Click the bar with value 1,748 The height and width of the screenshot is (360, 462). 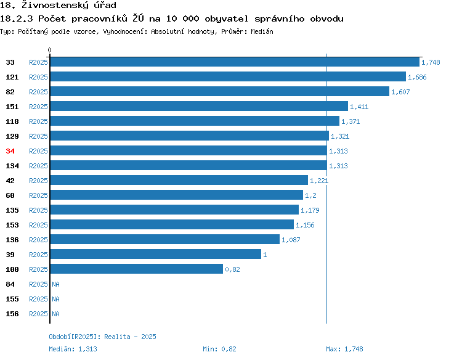pos(235,62)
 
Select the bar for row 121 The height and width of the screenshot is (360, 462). pos(228,76)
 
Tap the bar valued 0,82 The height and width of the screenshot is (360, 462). pos(137,269)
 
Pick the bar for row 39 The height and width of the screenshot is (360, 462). pos(156,254)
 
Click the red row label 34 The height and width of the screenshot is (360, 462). pos(10,151)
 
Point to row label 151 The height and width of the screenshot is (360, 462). pos(12,107)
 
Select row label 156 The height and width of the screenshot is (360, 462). pos(12,314)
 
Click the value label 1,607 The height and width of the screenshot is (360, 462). pos(400,92)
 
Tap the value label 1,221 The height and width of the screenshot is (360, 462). pos(319,181)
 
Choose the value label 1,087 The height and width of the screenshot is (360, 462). pos(291,240)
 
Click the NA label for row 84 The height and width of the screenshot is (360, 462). pos(55,284)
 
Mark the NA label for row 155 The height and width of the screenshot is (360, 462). pos(55,299)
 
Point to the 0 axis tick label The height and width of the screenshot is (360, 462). pos(49,50)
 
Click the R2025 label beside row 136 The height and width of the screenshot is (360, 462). pos(38,240)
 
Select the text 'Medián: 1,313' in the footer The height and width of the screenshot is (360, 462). pos(73,349)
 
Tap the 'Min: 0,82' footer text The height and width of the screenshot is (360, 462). pos(219,349)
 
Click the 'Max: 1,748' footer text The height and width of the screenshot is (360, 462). pos(344,349)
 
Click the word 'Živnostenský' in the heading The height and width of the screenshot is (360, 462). pos(55,5)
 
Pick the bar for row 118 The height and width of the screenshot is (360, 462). pos(195,121)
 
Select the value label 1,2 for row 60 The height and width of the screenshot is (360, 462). pos(310,195)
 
